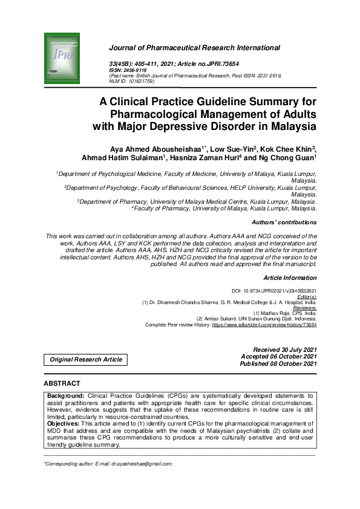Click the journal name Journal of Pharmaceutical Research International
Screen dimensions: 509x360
(194, 47)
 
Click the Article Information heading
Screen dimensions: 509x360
(291, 278)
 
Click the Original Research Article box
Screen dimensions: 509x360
(85, 360)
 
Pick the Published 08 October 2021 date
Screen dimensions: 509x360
(278, 363)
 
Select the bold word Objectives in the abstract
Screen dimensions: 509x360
(65, 424)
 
